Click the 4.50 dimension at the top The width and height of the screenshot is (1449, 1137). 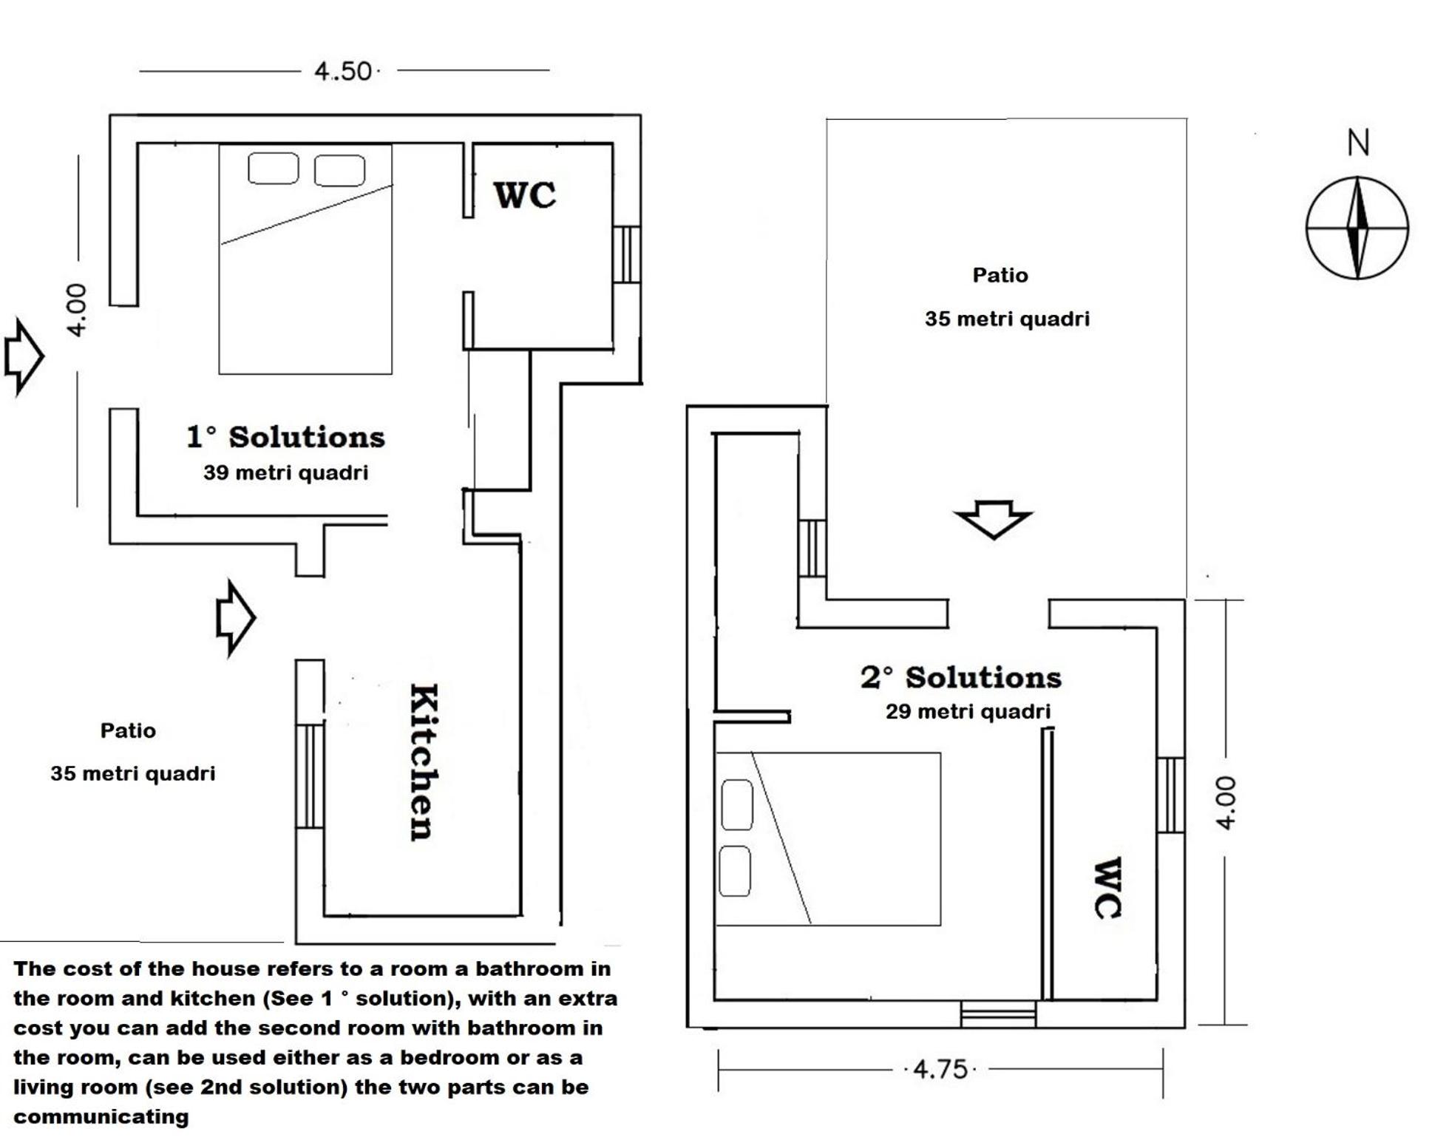pos(343,72)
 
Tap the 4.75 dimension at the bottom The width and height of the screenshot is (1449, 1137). pos(940,1069)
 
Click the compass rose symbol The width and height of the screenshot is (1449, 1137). pos(1357,228)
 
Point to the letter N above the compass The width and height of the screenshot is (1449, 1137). pos(1358,143)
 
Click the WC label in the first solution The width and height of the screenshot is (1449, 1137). pos(525,195)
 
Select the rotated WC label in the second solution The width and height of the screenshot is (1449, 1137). pos(1107,887)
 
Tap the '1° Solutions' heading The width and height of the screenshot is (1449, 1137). pos(285,437)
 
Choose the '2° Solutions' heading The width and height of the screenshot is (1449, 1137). pos(960,677)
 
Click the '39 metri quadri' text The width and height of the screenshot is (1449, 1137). pos(285,472)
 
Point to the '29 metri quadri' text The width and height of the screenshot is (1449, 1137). pos(968,711)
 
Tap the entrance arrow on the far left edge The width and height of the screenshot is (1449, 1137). pos(24,357)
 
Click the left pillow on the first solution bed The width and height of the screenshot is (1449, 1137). pos(274,169)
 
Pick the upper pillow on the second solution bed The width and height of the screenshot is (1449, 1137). pos(736,804)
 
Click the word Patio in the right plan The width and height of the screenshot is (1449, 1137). pos(1000,275)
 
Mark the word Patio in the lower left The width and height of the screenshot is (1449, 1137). pos(128,730)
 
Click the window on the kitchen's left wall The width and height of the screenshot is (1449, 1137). pos(310,776)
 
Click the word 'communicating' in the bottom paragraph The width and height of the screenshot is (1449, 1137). pos(101,1117)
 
